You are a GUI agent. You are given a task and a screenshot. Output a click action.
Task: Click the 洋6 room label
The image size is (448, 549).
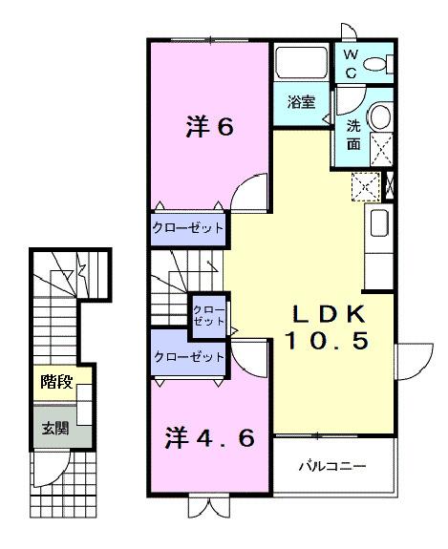[207, 127]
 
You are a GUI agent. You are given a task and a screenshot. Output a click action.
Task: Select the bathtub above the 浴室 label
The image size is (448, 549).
[301, 66]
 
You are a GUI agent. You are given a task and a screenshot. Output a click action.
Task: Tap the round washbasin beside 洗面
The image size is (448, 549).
[378, 118]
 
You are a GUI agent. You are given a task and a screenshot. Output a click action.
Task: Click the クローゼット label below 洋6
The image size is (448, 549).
[187, 228]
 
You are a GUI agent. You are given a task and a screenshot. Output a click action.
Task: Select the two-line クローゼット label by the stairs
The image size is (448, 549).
[208, 316]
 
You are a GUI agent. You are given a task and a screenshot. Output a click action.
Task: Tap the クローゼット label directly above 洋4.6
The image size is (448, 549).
[187, 357]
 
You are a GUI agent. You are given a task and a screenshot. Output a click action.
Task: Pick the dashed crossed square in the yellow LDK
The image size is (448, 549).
[366, 185]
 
